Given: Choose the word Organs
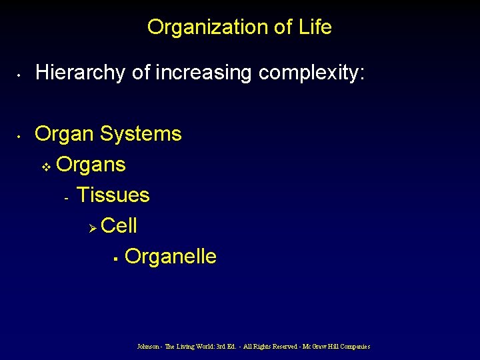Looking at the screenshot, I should pos(91,164).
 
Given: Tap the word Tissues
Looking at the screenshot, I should pos(113,195).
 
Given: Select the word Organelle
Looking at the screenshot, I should pos(170,257).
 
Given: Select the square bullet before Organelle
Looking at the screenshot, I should pos(115,258).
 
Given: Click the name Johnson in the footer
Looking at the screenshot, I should pos(148,347).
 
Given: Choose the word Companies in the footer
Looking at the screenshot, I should pos(353,347).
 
